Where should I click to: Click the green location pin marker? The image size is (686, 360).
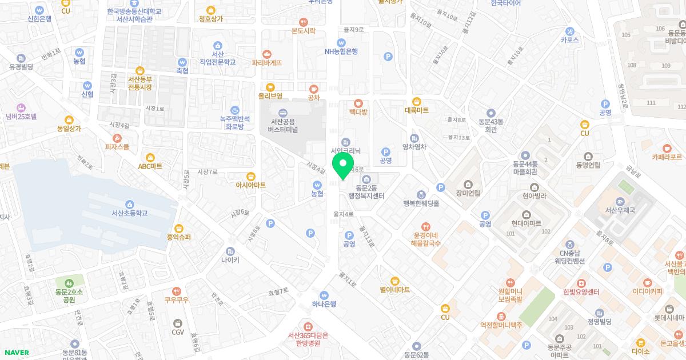(343, 165)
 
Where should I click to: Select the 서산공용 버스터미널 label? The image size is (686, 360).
(283, 125)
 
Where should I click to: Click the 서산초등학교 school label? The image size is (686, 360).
(130, 213)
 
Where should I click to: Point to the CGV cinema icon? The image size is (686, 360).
(178, 323)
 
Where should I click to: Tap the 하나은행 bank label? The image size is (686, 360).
(324, 304)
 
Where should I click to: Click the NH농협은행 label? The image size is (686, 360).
(341, 51)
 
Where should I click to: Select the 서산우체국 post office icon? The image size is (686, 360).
(620, 202)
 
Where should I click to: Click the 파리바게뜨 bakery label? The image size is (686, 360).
(267, 63)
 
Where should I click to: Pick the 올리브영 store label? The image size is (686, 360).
(270, 96)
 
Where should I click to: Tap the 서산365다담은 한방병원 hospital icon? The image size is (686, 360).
(308, 326)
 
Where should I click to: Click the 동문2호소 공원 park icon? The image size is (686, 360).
(69, 283)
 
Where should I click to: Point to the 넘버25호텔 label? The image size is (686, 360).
(21, 117)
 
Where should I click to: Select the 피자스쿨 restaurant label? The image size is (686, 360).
(117, 147)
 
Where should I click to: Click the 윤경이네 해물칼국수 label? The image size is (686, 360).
(425, 239)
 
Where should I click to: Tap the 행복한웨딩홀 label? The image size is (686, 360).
(421, 203)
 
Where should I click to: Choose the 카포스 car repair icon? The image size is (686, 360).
(569, 31)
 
